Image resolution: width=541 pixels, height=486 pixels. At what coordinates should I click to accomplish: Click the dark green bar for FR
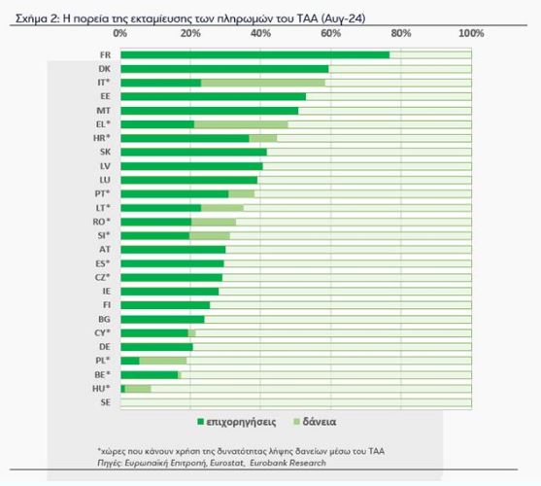pyautogui.click(x=255, y=54)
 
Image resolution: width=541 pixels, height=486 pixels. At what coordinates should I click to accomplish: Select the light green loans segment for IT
pyautogui.click(x=263, y=83)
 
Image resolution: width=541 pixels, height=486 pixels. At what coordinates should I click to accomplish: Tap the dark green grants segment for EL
pyautogui.click(x=157, y=124)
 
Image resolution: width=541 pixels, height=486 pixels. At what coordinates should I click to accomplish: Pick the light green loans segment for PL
pyautogui.click(x=163, y=361)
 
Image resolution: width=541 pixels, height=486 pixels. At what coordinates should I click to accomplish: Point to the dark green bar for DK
pyautogui.click(x=224, y=69)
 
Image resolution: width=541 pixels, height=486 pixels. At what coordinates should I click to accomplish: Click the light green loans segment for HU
pyautogui.click(x=138, y=389)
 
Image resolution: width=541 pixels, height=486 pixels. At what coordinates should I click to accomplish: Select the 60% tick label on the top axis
pyautogui.click(x=331, y=33)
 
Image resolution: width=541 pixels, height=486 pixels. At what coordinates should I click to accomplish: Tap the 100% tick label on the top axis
pyautogui.click(x=471, y=33)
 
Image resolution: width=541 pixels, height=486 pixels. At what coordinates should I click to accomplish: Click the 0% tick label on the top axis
pyautogui.click(x=120, y=33)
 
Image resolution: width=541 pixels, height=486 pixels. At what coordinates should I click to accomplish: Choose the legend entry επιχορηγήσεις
pyautogui.click(x=236, y=422)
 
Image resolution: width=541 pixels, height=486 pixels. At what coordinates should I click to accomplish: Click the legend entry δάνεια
pyautogui.click(x=315, y=422)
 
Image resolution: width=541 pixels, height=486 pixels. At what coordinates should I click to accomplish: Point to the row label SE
pyautogui.click(x=106, y=402)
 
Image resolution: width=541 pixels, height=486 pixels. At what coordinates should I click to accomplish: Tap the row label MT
pyautogui.click(x=104, y=111)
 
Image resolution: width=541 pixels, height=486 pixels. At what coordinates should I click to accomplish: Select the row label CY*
pyautogui.click(x=103, y=332)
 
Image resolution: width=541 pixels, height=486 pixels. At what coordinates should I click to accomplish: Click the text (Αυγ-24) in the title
pyautogui.click(x=343, y=17)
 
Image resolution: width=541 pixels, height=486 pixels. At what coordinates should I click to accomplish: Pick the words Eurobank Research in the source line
pyautogui.click(x=287, y=463)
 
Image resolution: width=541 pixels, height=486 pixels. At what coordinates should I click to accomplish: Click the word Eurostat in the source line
pyautogui.click(x=226, y=463)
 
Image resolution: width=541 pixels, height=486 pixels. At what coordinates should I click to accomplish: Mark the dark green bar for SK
pyautogui.click(x=193, y=153)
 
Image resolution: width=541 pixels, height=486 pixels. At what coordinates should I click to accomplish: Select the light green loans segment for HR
pyautogui.click(x=263, y=138)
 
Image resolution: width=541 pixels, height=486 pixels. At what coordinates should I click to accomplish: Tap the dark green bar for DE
pyautogui.click(x=156, y=347)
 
